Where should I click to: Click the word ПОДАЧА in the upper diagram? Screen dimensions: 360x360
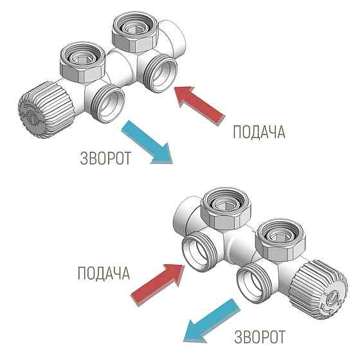(x=259, y=132)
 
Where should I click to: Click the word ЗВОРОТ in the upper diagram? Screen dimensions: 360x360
(x=105, y=157)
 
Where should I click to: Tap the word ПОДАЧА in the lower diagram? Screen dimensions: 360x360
(x=104, y=273)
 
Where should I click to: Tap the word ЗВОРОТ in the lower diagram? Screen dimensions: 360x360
(x=260, y=337)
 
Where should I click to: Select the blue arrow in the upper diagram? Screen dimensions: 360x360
(x=148, y=143)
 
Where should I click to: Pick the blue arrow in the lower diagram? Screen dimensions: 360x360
(x=211, y=322)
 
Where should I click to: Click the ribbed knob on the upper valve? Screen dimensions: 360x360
(x=46, y=110)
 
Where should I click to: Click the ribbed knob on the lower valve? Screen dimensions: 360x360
(x=319, y=290)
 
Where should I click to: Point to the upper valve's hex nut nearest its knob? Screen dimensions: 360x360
(x=83, y=62)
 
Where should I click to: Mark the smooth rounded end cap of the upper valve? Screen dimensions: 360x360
(x=174, y=39)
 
